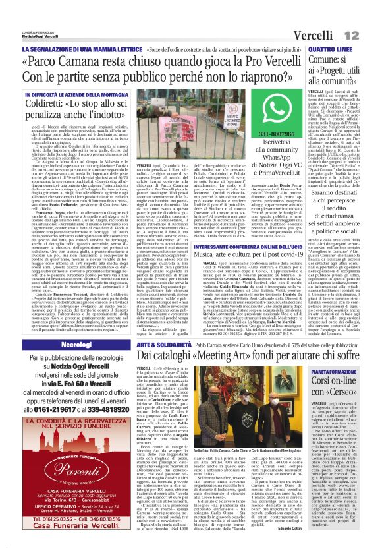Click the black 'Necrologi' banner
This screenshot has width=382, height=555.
click(x=75, y=345)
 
